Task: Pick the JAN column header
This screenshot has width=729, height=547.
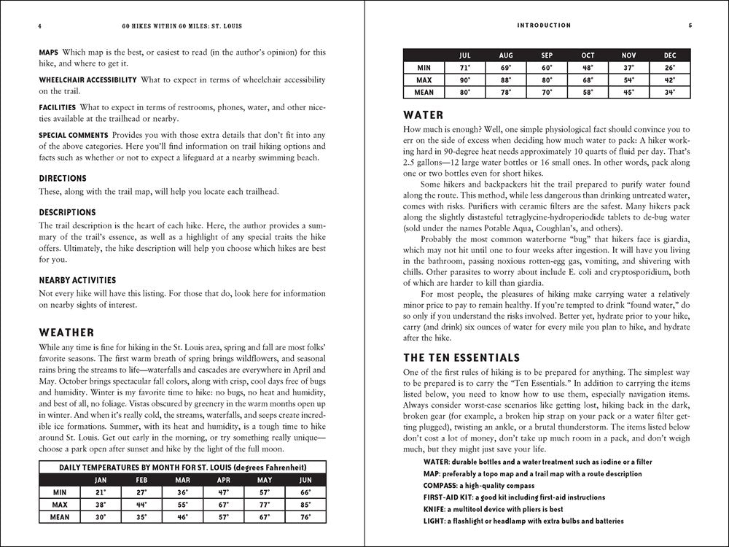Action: [100, 480]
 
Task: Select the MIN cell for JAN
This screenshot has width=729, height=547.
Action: [100, 492]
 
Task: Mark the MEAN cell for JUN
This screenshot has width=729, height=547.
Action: [306, 516]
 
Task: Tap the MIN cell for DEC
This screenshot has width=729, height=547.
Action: [670, 68]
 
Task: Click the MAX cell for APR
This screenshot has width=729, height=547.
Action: [224, 505]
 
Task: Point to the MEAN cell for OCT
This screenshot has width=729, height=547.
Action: [588, 92]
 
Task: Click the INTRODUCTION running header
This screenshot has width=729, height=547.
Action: [543, 26]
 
